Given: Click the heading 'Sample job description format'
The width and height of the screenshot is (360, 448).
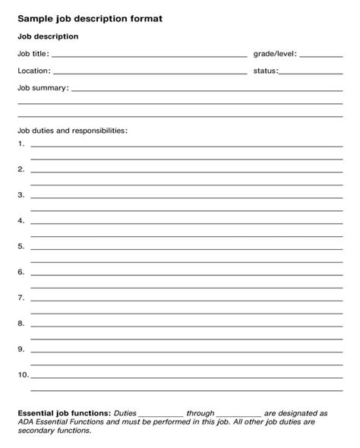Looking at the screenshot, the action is click(90, 17).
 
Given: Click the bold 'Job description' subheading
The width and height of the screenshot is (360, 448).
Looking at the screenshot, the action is click(48, 36).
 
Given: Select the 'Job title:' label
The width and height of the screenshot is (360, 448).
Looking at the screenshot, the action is click(33, 54).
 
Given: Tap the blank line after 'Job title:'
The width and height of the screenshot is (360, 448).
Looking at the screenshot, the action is click(150, 56).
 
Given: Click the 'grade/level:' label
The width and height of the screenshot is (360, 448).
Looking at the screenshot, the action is click(275, 54).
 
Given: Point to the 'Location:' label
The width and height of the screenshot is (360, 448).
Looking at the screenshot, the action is click(34, 71).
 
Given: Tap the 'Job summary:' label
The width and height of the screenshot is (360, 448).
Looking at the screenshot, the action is click(43, 88).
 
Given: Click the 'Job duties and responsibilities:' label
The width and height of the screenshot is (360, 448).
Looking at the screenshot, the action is click(73, 131).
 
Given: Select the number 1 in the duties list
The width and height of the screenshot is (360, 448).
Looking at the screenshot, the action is click(21, 144).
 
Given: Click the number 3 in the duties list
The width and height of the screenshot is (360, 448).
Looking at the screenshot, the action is click(21, 195).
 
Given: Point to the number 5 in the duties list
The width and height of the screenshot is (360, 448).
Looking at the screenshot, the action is click(21, 246).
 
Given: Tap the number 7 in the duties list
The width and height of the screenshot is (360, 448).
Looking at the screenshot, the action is click(21, 298).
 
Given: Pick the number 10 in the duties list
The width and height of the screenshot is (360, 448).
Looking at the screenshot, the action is click(23, 374).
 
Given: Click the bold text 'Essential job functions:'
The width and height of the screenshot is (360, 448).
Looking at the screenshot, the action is click(64, 413).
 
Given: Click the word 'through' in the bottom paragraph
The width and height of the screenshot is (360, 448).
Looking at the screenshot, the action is click(201, 413).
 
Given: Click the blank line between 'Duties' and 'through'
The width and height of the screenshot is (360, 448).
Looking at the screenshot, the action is click(161, 415).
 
